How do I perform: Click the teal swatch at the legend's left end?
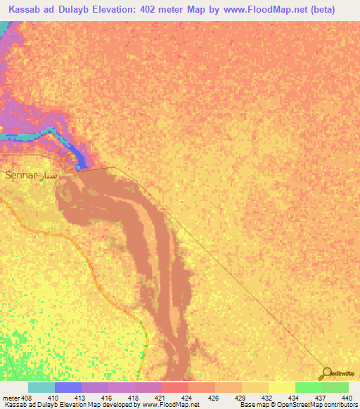pyautogui.click(x=41, y=387)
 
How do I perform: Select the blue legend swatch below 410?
pyautogui.click(x=68, y=387)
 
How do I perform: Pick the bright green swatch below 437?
pyautogui.click(x=308, y=387)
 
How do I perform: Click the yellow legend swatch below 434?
pyautogui.click(x=281, y=387)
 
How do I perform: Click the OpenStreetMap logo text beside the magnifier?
pyautogui.click(x=345, y=374)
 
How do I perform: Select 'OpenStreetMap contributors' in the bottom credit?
pyautogui.click(x=323, y=405)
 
